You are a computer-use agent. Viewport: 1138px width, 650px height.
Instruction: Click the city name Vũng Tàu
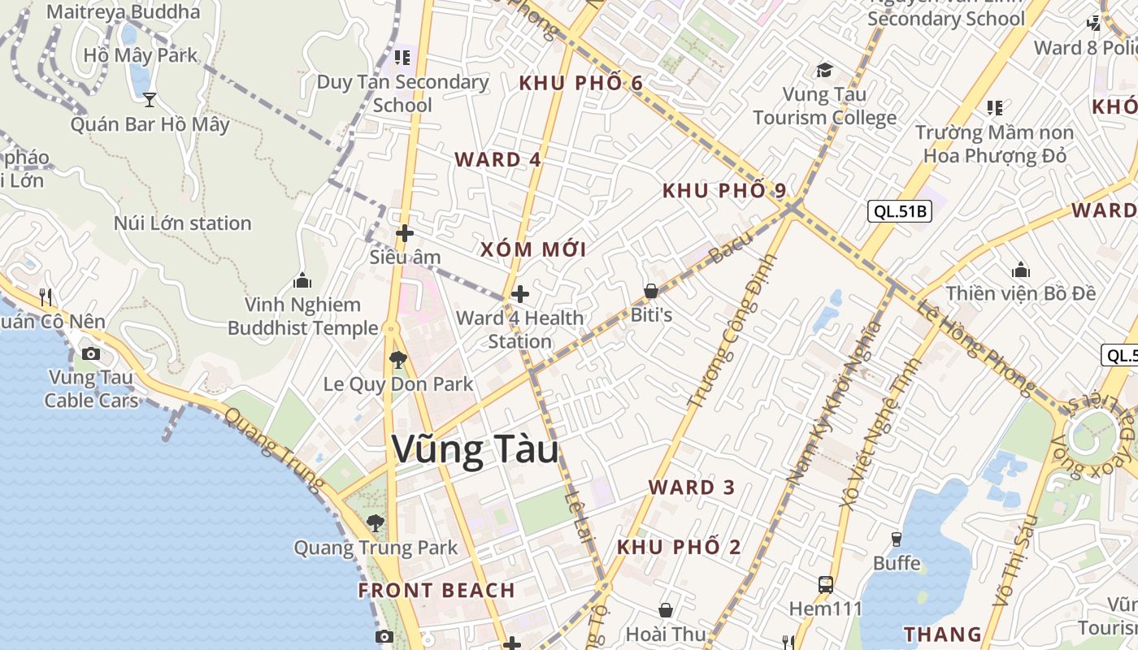click(x=476, y=450)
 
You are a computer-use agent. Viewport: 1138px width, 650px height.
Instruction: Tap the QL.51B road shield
click(x=899, y=212)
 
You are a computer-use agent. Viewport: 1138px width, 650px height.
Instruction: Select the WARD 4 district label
click(x=497, y=159)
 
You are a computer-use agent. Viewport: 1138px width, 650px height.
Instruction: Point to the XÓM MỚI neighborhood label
click(x=533, y=249)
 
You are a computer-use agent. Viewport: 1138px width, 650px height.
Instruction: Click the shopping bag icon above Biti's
click(x=651, y=290)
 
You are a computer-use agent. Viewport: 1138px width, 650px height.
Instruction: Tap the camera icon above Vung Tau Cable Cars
click(x=91, y=353)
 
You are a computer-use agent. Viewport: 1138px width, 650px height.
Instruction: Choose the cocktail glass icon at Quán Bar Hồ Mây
click(x=150, y=99)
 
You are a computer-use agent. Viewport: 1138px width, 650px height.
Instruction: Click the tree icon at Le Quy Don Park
click(x=397, y=359)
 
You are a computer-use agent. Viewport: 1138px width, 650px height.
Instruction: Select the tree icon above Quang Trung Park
click(x=375, y=522)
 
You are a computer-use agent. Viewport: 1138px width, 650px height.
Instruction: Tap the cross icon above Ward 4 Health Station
click(x=520, y=293)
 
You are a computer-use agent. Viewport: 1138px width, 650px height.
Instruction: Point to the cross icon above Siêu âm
click(x=405, y=234)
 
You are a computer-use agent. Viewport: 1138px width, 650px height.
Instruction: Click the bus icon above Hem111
click(x=826, y=584)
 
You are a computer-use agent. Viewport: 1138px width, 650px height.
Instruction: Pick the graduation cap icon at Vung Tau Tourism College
click(x=825, y=70)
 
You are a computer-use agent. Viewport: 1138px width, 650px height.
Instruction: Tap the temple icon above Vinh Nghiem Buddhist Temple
click(x=302, y=280)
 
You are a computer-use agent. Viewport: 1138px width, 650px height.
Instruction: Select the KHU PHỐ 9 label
click(x=724, y=191)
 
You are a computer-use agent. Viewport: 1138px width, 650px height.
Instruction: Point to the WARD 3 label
click(x=692, y=487)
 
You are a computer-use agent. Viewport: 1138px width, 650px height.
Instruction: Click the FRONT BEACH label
click(x=437, y=591)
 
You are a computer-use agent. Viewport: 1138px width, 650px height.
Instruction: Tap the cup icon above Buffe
click(x=897, y=539)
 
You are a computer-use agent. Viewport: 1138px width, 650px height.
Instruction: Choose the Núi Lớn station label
click(x=182, y=223)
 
